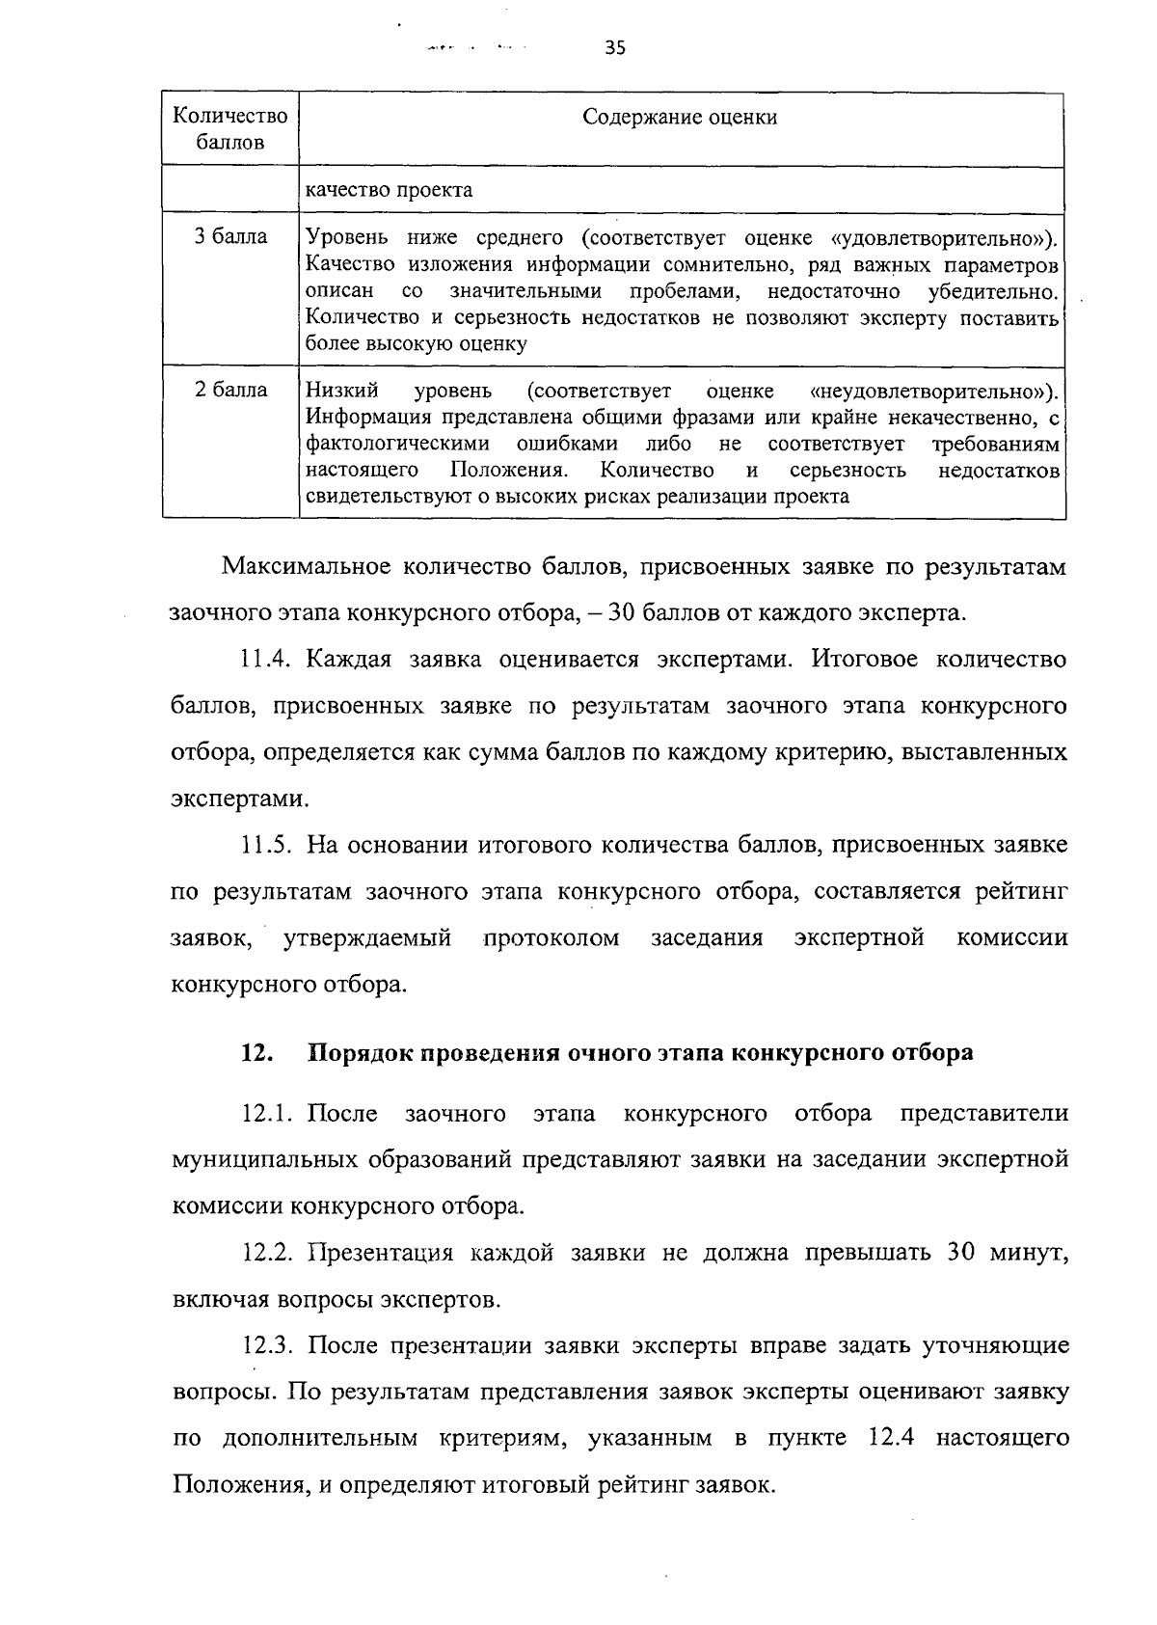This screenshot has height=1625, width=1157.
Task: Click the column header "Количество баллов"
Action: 229,129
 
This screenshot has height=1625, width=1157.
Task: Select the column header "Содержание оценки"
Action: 680,118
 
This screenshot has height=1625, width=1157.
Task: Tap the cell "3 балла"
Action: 230,237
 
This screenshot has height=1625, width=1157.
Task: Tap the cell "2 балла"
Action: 230,391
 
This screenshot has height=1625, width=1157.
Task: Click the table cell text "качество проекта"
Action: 389,190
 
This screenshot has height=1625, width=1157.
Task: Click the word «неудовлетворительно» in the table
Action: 929,391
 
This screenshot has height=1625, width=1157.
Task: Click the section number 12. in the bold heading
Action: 257,1053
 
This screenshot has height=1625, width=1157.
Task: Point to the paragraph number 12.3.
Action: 269,1346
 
